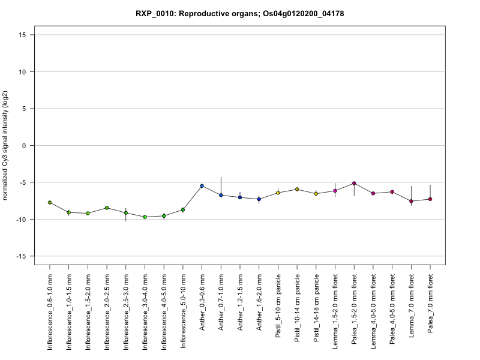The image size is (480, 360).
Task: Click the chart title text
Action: [240, 13]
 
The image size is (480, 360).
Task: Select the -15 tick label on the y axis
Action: [22, 256]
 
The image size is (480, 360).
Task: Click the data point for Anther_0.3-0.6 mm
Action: [202, 186]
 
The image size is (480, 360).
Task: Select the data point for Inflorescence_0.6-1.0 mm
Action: [50, 203]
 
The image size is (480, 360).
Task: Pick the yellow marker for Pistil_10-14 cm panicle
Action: [297, 190]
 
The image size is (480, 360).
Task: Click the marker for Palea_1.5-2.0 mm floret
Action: [354, 184]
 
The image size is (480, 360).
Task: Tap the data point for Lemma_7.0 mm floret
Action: [411, 201]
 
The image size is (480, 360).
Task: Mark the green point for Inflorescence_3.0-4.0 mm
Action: [145, 217]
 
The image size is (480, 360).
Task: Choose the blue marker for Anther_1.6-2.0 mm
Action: [259, 199]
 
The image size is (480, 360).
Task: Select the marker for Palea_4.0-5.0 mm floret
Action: [392, 192]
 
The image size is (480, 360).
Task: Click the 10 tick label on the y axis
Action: [23, 72]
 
